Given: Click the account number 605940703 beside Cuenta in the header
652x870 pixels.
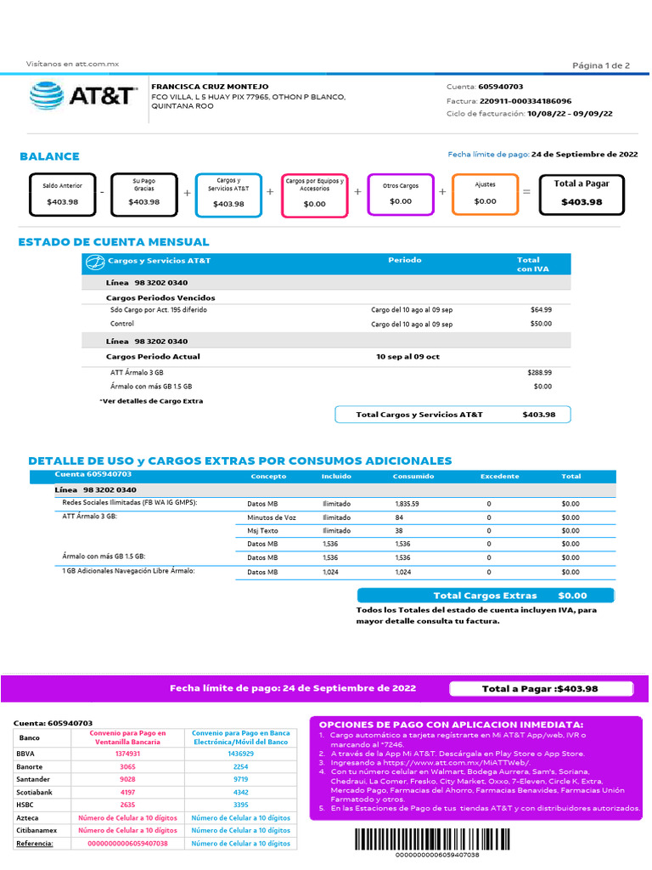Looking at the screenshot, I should [x=501, y=87].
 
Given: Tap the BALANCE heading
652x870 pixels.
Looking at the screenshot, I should [x=49, y=156].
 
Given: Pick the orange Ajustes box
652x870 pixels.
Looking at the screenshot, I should [x=485, y=193].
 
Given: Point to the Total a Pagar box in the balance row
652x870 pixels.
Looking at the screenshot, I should [x=582, y=193].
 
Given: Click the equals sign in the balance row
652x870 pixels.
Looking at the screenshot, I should [x=526, y=193].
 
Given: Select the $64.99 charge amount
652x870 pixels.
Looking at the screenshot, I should [x=541, y=310].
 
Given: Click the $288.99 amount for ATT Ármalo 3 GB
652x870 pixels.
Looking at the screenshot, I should [x=539, y=372].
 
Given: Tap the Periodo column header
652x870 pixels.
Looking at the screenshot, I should [x=405, y=260].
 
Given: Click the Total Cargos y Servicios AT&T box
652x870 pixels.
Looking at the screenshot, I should [x=452, y=415].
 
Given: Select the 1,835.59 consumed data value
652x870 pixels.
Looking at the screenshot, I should [x=407, y=504].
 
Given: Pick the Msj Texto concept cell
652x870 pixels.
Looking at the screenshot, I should [x=261, y=530].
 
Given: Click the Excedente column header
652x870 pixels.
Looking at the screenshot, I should [x=499, y=477].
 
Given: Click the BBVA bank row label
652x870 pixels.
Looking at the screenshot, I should [x=26, y=754].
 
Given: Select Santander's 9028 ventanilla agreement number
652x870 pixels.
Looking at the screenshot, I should [x=127, y=779].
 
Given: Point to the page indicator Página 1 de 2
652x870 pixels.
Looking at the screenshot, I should [x=601, y=65].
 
